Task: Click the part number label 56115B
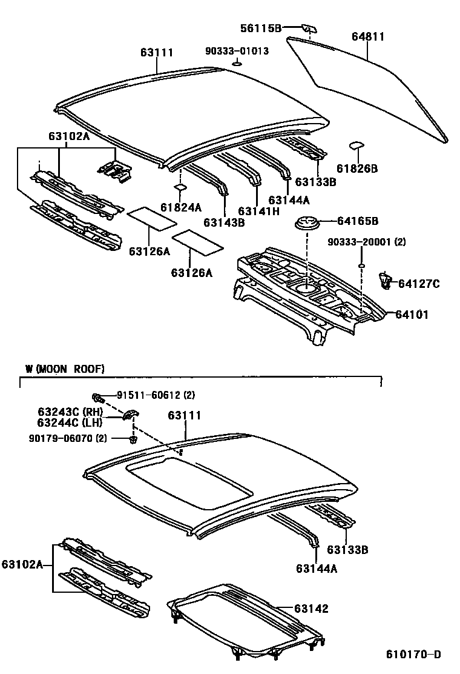point(261,28)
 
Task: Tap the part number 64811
point(368,36)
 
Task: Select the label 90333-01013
point(237,52)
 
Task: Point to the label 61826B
point(357,168)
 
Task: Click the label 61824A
point(181,207)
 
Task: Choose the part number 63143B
point(224,222)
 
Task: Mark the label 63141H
point(258,211)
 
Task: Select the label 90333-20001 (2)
point(367,242)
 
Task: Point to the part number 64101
point(412,315)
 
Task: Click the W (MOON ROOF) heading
point(65,369)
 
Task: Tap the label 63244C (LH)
point(70,422)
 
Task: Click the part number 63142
point(312,609)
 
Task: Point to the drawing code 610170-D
point(414,655)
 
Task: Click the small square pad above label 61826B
point(356,146)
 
